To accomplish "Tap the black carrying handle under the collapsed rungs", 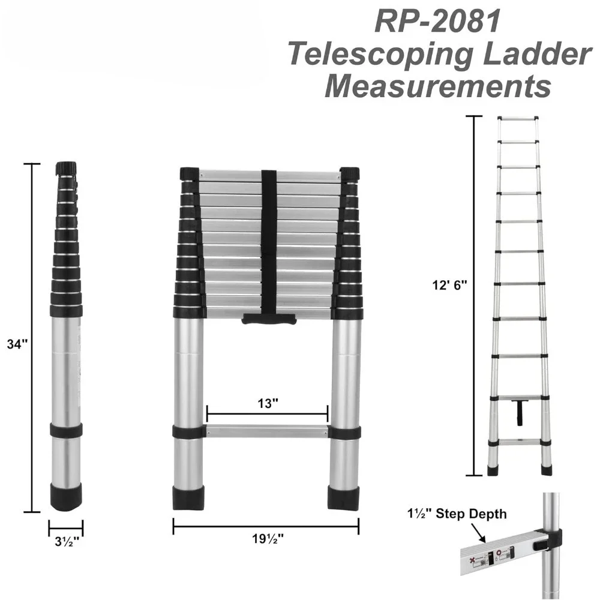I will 269,319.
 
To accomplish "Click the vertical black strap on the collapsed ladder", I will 269,240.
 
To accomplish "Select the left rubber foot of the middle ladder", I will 188,497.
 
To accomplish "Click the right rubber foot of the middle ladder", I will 344,497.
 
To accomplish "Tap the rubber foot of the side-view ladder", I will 66,497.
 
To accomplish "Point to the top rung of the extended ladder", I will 518,118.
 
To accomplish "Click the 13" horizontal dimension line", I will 268,414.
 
